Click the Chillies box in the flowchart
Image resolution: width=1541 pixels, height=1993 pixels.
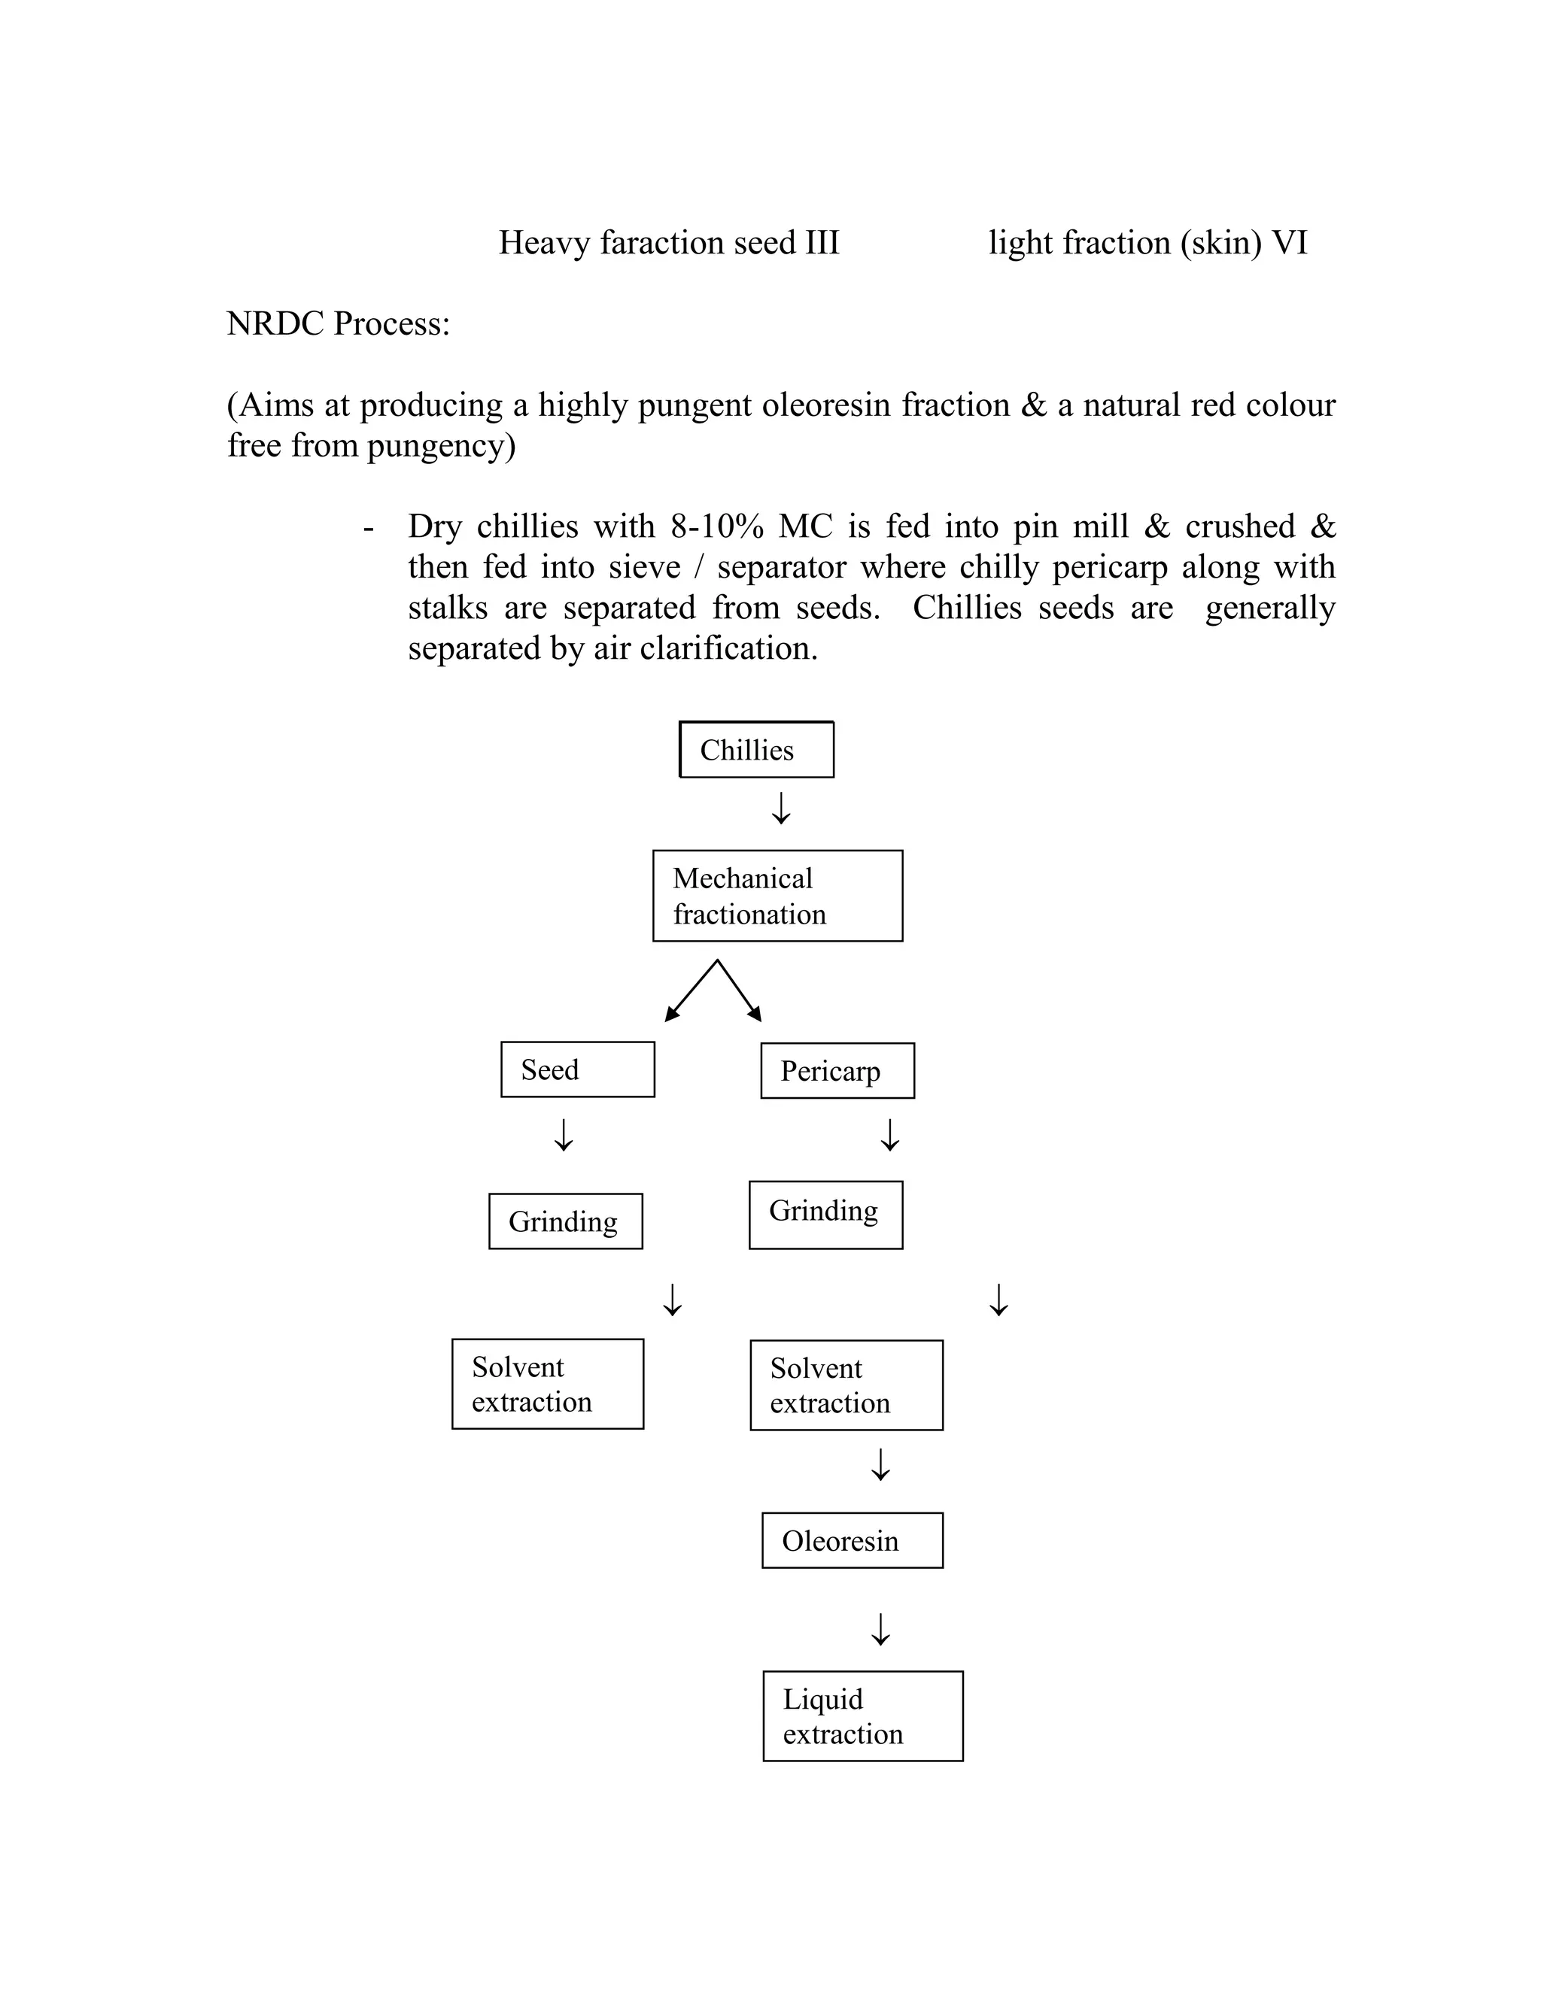pyautogui.click(x=756, y=749)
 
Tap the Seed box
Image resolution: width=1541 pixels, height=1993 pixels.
pyautogui.click(x=577, y=1069)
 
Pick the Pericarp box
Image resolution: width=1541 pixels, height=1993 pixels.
pyautogui.click(x=837, y=1070)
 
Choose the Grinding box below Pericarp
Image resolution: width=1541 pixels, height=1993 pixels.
pyautogui.click(x=825, y=1215)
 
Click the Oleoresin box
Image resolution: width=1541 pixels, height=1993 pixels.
pyautogui.click(x=852, y=1540)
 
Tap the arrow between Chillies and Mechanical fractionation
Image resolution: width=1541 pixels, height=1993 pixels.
pyautogui.click(x=780, y=808)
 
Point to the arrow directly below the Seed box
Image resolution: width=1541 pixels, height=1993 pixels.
pyautogui.click(x=564, y=1134)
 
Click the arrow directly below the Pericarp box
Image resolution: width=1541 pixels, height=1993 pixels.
pyautogui.click(x=890, y=1134)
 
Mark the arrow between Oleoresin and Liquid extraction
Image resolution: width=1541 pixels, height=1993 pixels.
pyautogui.click(x=880, y=1629)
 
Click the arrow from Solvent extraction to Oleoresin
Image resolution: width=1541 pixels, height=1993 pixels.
pyautogui.click(x=880, y=1464)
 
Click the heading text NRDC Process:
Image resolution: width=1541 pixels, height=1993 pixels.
pyautogui.click(x=338, y=324)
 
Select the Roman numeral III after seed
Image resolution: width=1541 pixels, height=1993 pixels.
pyautogui.click(x=822, y=243)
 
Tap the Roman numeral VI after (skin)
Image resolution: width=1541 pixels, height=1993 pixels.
pyautogui.click(x=1289, y=243)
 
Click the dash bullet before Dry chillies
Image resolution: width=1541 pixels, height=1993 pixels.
pyautogui.click(x=369, y=527)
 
